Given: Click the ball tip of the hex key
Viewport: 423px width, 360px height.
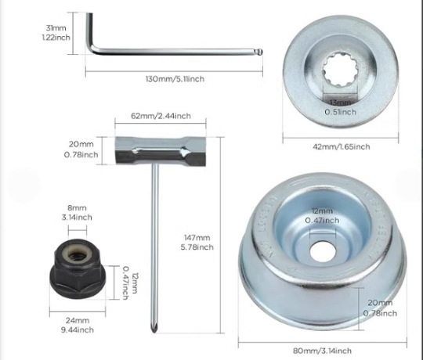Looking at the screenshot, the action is pyautogui.click(x=259, y=52).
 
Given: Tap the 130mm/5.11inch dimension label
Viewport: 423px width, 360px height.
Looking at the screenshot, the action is pyautogui.click(x=175, y=79).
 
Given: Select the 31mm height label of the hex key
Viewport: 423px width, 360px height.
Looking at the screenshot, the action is pyautogui.click(x=56, y=27).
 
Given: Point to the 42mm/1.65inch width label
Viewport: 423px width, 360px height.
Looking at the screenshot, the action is pyautogui.click(x=342, y=146).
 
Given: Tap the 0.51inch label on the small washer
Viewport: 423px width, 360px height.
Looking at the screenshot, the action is pyautogui.click(x=341, y=112).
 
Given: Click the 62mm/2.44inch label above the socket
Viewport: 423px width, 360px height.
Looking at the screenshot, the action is pyautogui.click(x=161, y=116).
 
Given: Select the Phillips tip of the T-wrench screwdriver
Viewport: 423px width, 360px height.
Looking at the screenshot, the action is pyautogui.click(x=154, y=327).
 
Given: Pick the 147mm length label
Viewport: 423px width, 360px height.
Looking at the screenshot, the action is pyautogui.click(x=197, y=238).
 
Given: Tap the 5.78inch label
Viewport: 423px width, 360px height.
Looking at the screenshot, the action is pyautogui.click(x=197, y=247).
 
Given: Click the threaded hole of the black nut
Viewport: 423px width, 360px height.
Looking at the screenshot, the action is pyautogui.click(x=78, y=254).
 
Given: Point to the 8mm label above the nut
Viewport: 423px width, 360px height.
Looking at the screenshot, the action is pyautogui.click(x=77, y=208).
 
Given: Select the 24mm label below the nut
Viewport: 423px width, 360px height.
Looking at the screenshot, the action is pyautogui.click(x=78, y=320).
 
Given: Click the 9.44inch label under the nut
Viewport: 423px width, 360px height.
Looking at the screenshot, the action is pyautogui.click(x=78, y=329).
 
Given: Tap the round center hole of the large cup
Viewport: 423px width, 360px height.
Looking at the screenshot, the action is pyautogui.click(x=323, y=252).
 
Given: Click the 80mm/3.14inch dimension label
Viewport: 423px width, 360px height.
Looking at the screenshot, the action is pyautogui.click(x=323, y=351).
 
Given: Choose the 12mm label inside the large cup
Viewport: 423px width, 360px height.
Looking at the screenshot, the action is pyautogui.click(x=322, y=211).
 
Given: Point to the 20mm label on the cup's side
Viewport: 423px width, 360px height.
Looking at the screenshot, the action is pyautogui.click(x=380, y=303).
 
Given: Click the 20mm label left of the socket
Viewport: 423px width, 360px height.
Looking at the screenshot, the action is pyautogui.click(x=81, y=144).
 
